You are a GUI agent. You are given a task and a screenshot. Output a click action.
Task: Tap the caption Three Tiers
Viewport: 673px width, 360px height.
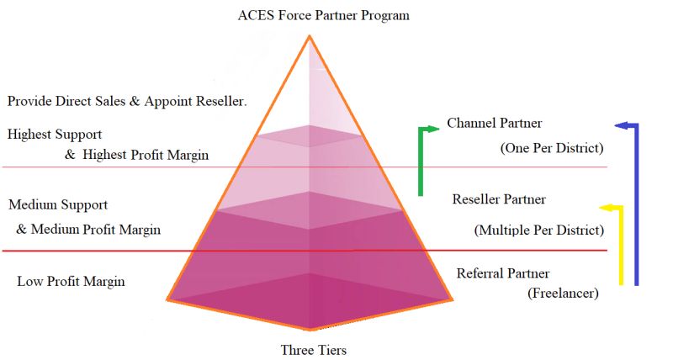313,349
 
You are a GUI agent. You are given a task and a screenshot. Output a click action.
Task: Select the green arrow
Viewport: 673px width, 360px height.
421,160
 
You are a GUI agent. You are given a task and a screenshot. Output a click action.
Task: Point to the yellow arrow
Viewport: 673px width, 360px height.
622,244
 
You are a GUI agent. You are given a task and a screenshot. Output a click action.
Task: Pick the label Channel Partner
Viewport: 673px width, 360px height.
495,124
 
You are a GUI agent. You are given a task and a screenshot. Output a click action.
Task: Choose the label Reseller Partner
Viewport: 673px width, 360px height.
499,199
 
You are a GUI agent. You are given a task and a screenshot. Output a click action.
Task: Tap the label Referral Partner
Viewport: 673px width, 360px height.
503,273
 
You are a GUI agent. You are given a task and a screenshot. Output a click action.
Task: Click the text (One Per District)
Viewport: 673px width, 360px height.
552,148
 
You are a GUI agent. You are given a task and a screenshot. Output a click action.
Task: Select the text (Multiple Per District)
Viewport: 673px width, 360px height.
539,230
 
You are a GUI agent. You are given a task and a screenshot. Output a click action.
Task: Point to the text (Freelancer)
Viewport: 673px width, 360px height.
563,294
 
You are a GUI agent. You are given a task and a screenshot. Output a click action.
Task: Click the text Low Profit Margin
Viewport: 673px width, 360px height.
71,281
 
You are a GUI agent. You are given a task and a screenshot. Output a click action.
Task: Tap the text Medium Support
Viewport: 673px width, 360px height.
57,204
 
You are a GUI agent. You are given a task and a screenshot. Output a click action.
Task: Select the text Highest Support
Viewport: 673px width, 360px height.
55,134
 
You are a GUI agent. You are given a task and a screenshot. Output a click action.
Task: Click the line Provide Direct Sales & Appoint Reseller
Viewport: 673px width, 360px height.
127,101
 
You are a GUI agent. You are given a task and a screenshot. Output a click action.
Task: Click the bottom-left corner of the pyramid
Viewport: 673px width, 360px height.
167,299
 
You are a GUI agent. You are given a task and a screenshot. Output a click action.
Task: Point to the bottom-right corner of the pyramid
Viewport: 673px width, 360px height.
453,299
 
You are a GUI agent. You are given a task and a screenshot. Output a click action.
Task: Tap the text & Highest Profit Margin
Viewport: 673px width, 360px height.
136,155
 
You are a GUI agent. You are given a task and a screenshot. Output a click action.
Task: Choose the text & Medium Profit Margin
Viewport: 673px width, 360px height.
88,229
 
